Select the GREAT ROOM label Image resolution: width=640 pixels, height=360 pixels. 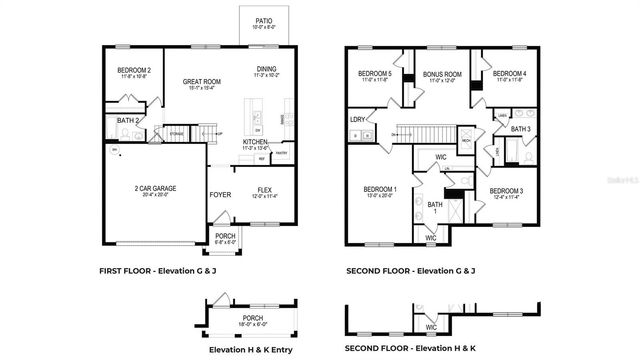(x=201, y=84)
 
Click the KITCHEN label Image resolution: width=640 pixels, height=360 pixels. (x=256, y=142)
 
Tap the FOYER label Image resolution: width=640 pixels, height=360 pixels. (x=221, y=195)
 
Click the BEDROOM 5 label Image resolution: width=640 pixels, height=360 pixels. (x=375, y=73)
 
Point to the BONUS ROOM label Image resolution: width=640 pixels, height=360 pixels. (x=440, y=73)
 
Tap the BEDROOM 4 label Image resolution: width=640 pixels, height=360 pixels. (x=509, y=73)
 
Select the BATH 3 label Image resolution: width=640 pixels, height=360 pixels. (x=520, y=128)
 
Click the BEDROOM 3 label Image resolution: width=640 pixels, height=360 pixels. (x=506, y=191)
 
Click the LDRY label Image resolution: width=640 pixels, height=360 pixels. (x=357, y=120)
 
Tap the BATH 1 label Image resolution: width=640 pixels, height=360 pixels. (x=435, y=207)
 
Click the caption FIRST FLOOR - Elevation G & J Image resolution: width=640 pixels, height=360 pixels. (x=159, y=271)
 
